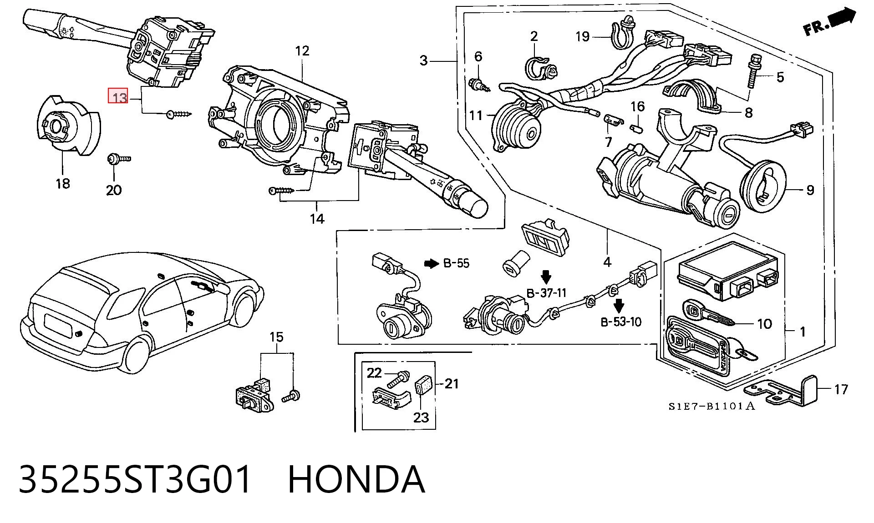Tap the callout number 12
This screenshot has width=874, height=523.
302,50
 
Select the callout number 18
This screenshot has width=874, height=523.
63,183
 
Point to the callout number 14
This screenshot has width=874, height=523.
317,219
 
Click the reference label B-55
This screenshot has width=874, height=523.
456,263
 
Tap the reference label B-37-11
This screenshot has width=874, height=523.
546,293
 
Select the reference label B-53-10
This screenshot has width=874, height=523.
621,322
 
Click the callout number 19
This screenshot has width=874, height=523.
582,36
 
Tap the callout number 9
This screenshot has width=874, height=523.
810,190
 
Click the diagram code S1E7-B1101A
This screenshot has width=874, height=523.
711,406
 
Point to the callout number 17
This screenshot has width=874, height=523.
841,389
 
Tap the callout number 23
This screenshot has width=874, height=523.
421,417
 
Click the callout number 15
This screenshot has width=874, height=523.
276,337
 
